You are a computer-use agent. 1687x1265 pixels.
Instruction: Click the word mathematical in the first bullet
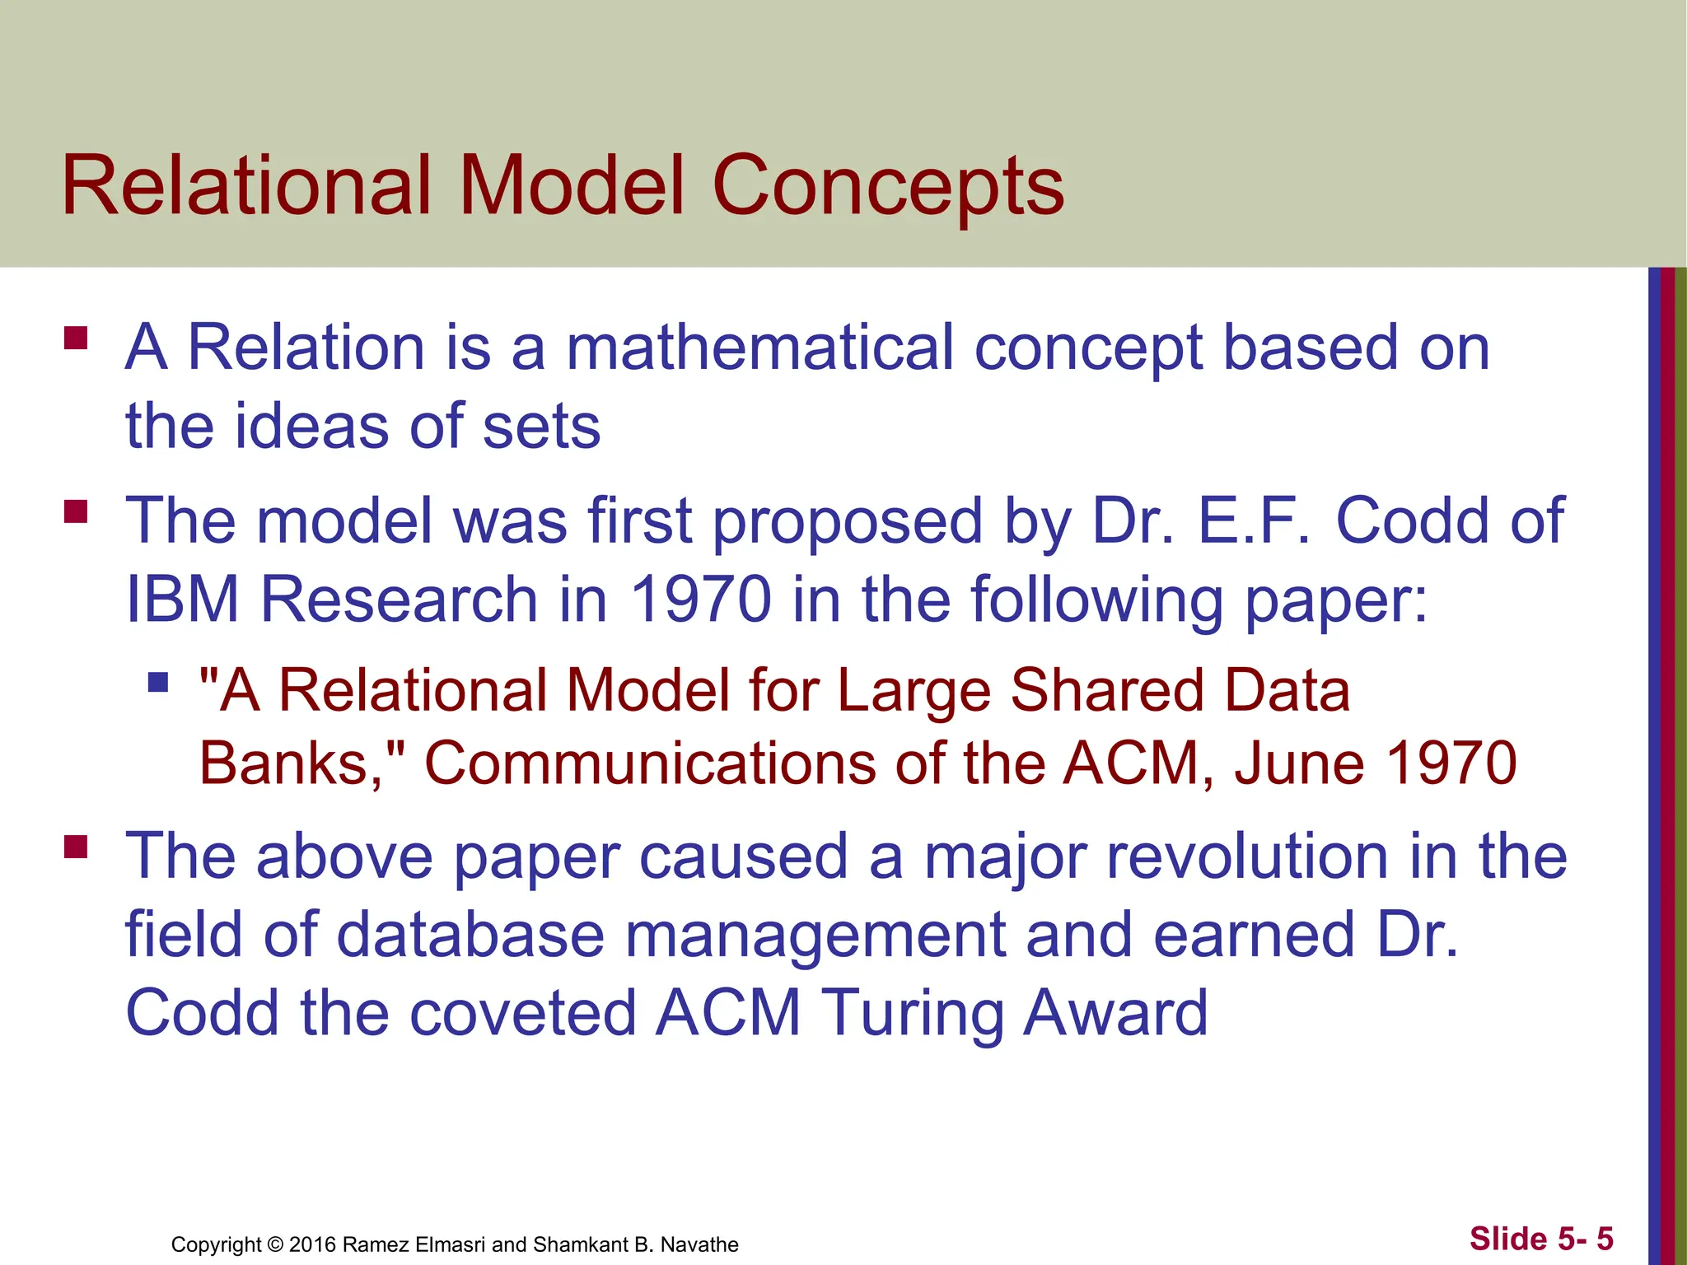pos(759,348)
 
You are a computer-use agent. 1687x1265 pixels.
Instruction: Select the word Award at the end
pos(1115,1013)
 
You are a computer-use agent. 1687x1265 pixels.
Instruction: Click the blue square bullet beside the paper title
pos(158,682)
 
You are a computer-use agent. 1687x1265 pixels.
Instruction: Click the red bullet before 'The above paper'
pos(76,847)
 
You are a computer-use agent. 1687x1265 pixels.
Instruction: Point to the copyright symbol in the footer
pos(275,1244)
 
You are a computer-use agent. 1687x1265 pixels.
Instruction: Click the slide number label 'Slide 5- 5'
pos(1540,1239)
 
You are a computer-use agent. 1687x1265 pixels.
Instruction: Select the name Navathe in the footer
pos(699,1244)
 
